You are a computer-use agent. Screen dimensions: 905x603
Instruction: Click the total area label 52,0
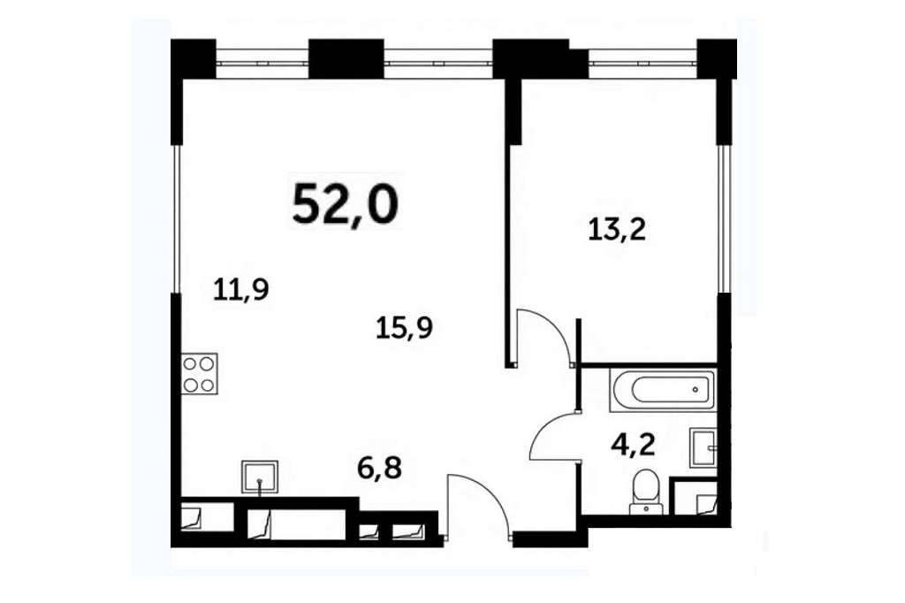346,203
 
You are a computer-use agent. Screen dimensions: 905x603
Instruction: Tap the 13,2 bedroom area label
617,230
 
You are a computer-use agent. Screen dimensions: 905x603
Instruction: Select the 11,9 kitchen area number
241,289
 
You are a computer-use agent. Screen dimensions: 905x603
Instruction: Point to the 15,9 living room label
404,329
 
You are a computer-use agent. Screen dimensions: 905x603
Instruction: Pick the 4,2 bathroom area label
633,446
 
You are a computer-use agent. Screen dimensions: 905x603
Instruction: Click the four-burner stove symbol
200,374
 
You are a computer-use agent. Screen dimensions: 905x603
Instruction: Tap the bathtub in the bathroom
662,391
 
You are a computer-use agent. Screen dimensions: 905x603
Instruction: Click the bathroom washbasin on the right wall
703,447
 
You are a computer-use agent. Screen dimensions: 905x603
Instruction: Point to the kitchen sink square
259,477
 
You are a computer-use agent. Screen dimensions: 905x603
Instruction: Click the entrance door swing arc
477,504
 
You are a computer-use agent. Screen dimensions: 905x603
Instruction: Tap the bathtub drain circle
695,390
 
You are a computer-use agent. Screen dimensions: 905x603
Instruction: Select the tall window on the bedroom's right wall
724,218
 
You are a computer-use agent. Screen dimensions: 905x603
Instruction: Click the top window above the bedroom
643,59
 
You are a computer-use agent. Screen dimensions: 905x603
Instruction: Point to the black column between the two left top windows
346,58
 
